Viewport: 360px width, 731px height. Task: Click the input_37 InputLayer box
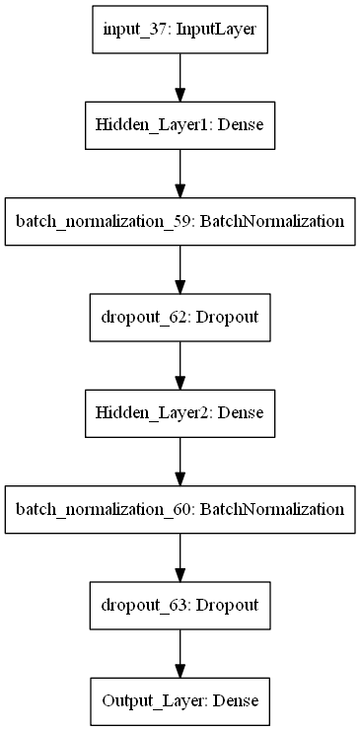tap(180, 30)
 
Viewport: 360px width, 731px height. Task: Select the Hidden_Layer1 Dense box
tap(180, 126)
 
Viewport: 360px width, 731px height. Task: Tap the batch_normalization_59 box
tap(180, 221)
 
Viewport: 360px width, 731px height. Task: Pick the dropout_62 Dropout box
tap(180, 318)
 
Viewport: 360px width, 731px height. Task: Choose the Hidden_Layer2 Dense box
tap(180, 413)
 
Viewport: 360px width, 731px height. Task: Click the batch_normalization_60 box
tap(180, 509)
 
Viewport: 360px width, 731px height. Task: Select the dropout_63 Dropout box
tap(180, 606)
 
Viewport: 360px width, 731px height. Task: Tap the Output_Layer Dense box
tap(180, 701)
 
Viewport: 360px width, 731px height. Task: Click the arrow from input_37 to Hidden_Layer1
tap(180, 78)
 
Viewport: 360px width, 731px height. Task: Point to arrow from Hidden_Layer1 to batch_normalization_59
tap(180, 174)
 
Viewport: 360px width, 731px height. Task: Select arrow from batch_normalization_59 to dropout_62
tap(180, 269)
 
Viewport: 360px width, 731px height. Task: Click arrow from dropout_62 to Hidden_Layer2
tap(180, 365)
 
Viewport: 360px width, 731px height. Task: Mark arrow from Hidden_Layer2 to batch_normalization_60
tap(180, 462)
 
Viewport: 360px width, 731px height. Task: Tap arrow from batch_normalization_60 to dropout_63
tap(180, 557)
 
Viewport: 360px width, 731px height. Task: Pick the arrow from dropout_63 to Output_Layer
tap(180, 653)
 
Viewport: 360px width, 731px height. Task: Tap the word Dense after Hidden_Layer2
tap(240, 413)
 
